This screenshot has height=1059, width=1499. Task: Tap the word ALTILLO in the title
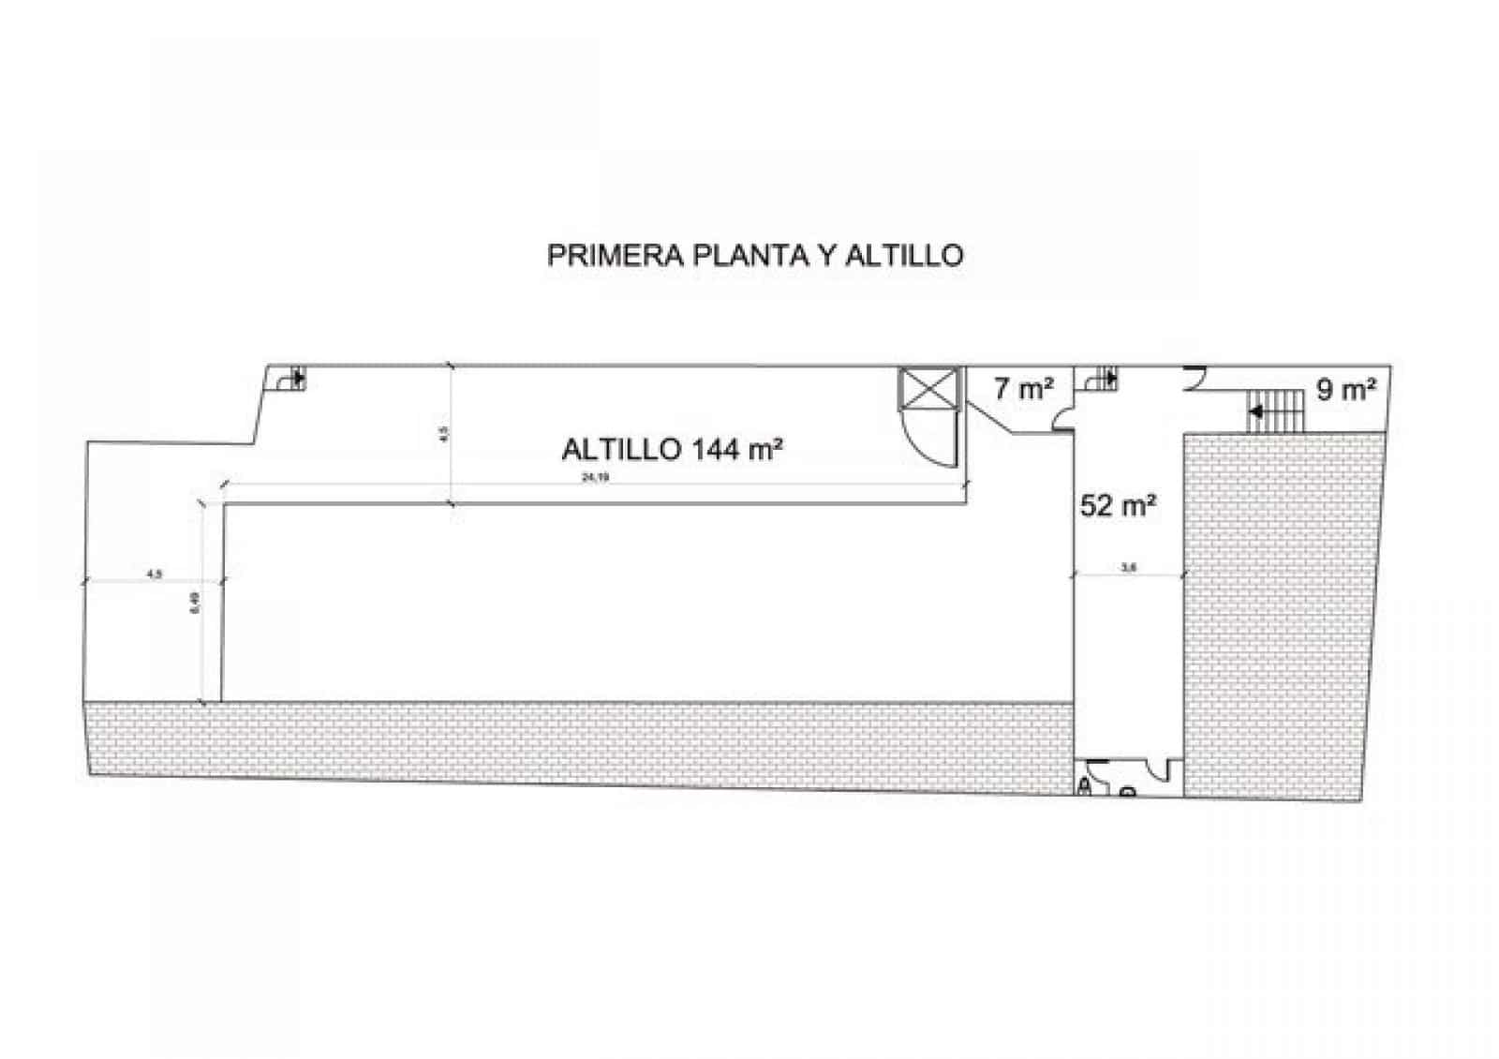coord(904,256)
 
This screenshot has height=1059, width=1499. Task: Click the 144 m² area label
coord(736,449)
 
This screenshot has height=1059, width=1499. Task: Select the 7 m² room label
coord(1023,388)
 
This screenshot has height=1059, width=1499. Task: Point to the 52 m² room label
coord(1117,506)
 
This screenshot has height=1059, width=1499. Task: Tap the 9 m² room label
coord(1346,389)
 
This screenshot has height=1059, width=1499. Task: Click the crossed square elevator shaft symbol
coord(929,389)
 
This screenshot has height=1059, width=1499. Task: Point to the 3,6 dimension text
coord(1129,566)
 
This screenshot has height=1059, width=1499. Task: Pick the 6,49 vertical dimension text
coord(195,604)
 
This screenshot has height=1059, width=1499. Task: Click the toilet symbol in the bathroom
coord(1086,784)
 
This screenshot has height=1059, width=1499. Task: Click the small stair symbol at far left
coord(291,379)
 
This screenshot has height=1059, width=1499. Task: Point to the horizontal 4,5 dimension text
coord(155,574)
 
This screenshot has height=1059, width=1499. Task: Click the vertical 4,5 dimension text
coord(445,435)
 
